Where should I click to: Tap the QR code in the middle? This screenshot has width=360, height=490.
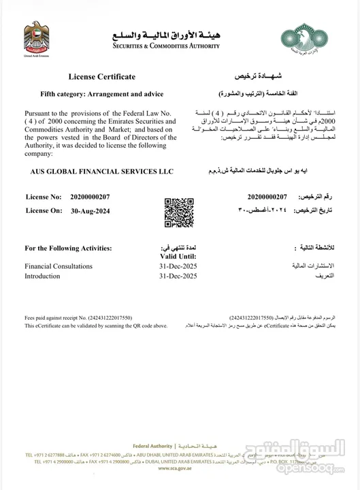click(176, 212)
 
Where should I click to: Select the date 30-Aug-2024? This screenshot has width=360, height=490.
click(91, 212)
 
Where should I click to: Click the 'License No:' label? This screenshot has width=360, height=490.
click(44, 197)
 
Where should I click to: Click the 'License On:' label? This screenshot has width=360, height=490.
click(44, 212)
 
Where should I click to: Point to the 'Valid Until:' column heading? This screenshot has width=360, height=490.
click(178, 255)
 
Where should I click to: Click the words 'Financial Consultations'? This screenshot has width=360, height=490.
click(59, 266)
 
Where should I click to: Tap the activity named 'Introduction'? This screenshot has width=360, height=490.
click(42, 276)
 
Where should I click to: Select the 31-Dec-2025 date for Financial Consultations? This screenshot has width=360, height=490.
click(178, 266)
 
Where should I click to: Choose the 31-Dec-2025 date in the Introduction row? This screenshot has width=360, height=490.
click(178, 276)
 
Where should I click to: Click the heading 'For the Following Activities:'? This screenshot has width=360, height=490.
click(68, 248)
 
